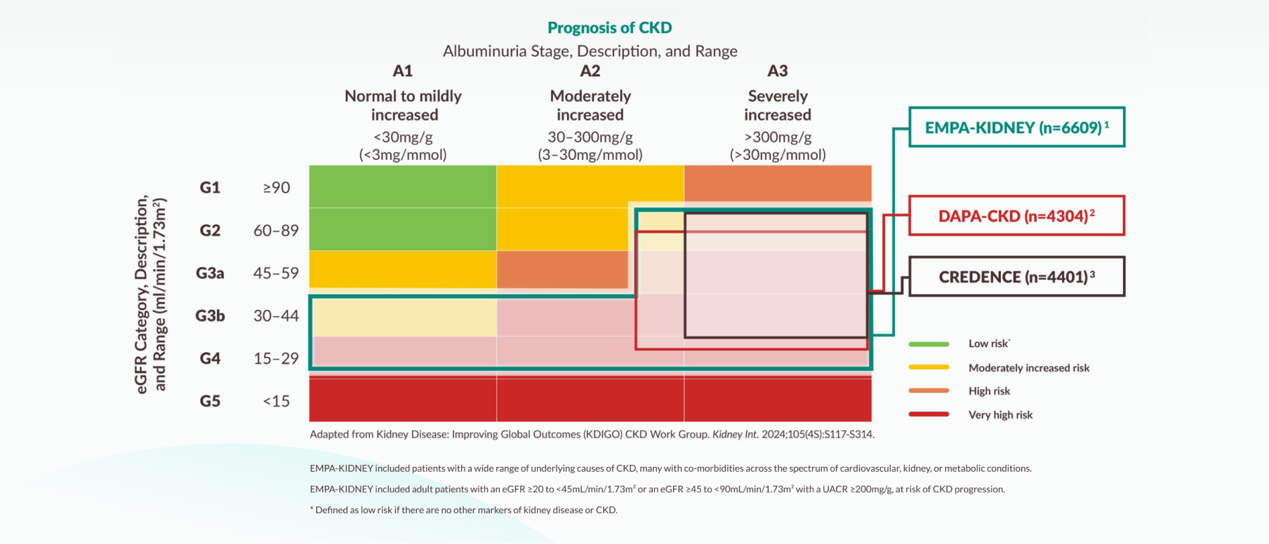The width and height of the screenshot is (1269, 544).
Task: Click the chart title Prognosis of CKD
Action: [x=609, y=28]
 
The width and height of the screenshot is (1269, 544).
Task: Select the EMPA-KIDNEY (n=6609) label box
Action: [x=1016, y=128]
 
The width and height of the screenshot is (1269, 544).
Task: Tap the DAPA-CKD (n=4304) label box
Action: [x=1016, y=216]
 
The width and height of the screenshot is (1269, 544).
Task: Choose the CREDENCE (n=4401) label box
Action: [x=1016, y=277]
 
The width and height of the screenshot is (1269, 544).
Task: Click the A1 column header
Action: [x=402, y=71]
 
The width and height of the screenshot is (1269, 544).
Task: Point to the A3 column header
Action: [x=777, y=71]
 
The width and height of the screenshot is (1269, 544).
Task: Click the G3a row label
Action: [x=210, y=273]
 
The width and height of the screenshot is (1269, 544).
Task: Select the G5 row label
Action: [x=210, y=401]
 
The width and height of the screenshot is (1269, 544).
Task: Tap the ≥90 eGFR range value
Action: [x=276, y=188]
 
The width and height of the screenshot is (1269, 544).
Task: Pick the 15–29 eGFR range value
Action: [x=276, y=359]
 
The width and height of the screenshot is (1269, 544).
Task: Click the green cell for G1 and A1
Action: [x=402, y=186]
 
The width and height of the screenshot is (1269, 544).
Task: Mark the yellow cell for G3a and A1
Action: [x=402, y=269]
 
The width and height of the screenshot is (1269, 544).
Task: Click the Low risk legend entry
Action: [x=988, y=344]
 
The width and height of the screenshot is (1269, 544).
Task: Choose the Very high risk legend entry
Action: [x=1000, y=415]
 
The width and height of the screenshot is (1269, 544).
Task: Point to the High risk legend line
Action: [x=929, y=391]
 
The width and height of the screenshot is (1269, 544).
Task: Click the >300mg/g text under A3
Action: [x=777, y=137]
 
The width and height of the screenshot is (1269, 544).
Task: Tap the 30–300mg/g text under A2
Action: [x=590, y=137]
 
